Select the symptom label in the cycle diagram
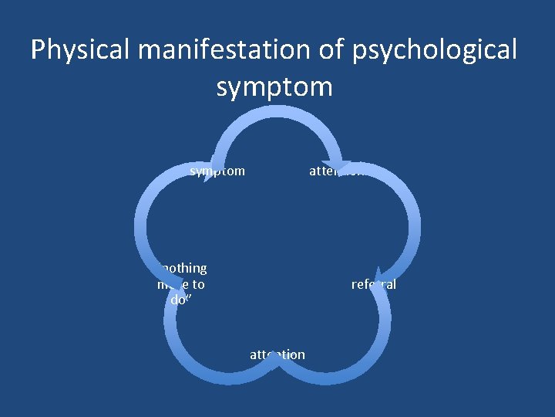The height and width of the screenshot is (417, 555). coord(217,171)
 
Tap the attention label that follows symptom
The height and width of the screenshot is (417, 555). coord(336,171)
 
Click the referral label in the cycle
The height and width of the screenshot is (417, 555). coord(374,284)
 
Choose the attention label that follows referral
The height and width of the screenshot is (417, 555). coord(277,354)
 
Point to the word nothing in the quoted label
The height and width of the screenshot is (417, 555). coord(183,268)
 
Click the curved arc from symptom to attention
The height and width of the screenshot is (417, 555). coord(277,113)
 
